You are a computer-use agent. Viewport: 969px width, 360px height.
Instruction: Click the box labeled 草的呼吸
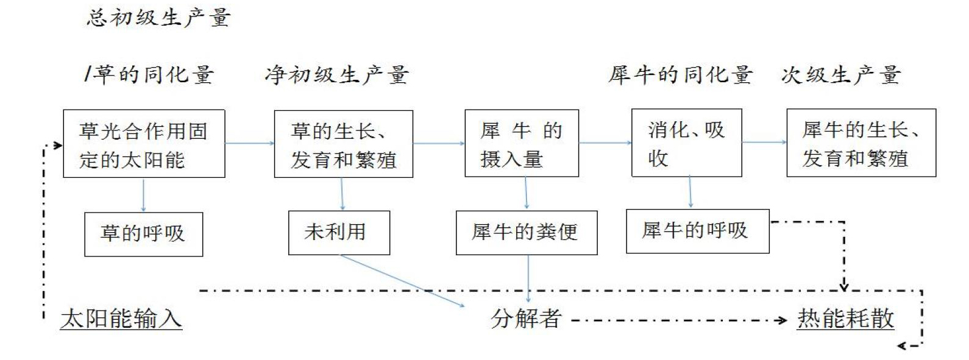pyautogui.click(x=144, y=235)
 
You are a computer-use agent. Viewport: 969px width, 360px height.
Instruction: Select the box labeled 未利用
pyautogui.click(x=339, y=233)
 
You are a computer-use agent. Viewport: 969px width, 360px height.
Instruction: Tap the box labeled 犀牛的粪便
pyautogui.click(x=527, y=233)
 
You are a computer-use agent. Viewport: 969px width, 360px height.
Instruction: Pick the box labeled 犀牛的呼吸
pyautogui.click(x=698, y=231)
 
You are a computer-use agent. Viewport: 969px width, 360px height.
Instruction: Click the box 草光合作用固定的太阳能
pyautogui.click(x=144, y=144)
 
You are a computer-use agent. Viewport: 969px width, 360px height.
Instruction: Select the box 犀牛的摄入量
pyautogui.click(x=522, y=143)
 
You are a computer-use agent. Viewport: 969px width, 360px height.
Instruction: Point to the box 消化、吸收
pyautogui.click(x=687, y=143)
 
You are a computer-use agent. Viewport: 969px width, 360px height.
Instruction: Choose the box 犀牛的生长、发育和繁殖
pyautogui.click(x=861, y=143)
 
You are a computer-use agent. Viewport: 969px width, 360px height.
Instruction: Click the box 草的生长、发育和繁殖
pyautogui.click(x=344, y=144)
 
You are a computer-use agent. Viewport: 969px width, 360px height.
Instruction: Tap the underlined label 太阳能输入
pyautogui.click(x=121, y=319)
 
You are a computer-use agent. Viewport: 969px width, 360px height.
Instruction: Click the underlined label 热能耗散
pyautogui.click(x=846, y=319)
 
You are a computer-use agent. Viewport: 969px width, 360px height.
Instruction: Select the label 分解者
pyautogui.click(x=526, y=319)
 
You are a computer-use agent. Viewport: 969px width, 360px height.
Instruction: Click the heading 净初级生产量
pyautogui.click(x=337, y=75)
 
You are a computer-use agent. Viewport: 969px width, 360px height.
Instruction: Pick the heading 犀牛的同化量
pyautogui.click(x=681, y=75)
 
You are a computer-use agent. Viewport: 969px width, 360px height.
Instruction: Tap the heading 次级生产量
pyautogui.click(x=842, y=75)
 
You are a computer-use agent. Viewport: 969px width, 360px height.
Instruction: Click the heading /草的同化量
pyautogui.click(x=149, y=74)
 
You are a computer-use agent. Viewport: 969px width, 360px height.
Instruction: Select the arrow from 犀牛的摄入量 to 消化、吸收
pyautogui.click(x=605, y=142)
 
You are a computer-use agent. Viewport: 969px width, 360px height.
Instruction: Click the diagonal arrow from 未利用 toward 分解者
pyautogui.click(x=402, y=281)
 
